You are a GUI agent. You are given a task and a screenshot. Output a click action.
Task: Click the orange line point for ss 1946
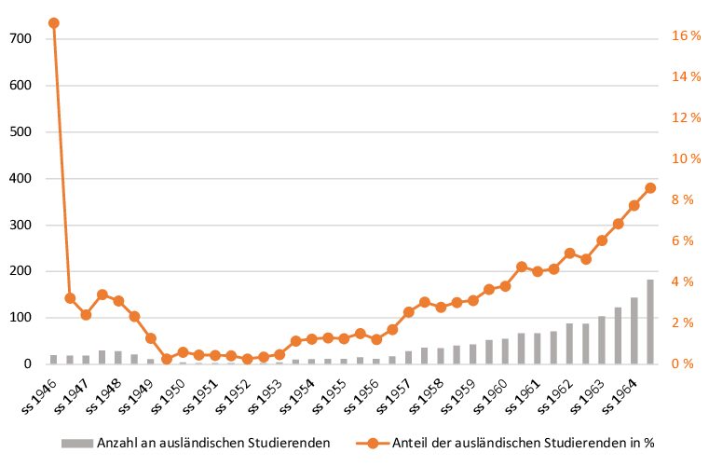[53, 22]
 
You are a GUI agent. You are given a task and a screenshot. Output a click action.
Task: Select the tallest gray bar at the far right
[649, 322]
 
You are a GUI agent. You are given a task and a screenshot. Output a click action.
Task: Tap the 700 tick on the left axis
[20, 38]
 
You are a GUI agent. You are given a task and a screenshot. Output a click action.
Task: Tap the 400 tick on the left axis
[20, 178]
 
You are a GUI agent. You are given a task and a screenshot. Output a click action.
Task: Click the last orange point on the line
[649, 187]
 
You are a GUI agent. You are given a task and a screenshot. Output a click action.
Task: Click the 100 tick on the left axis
[20, 318]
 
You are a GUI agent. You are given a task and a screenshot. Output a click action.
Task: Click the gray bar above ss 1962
[569, 344]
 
